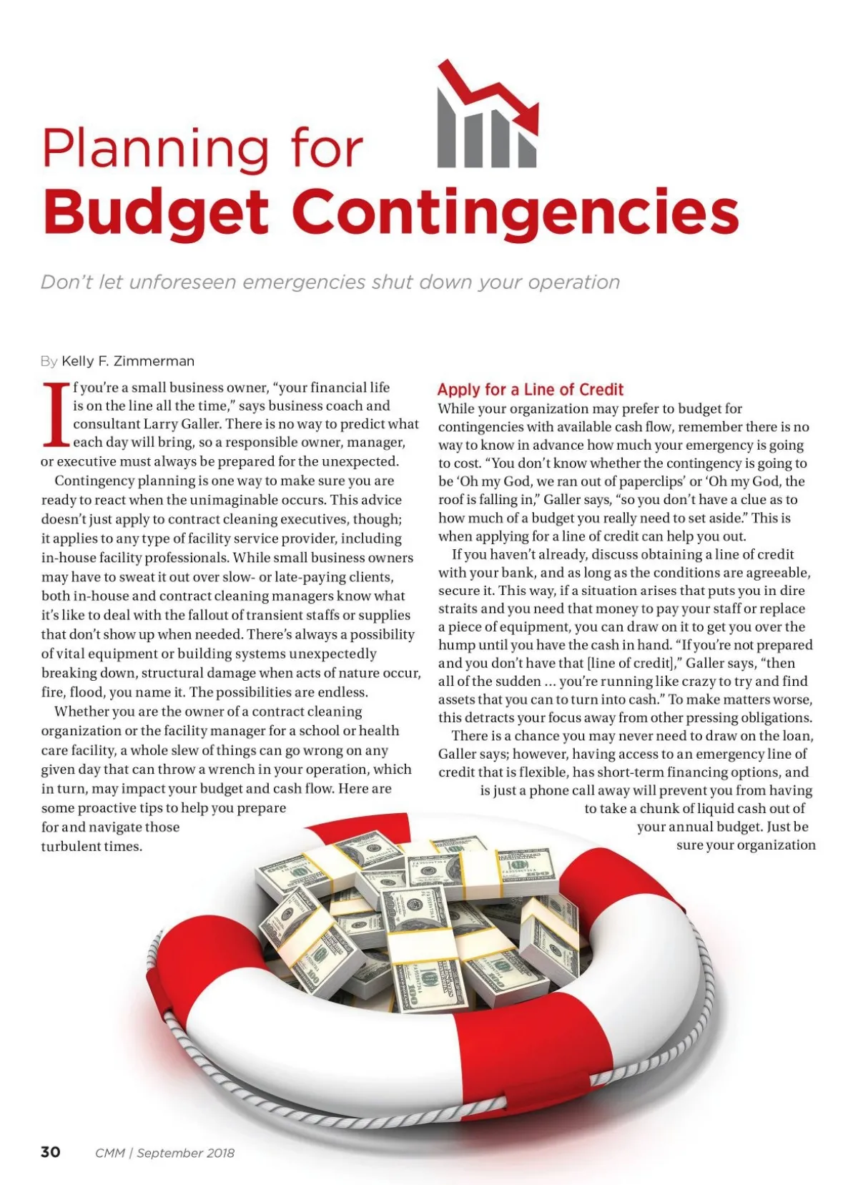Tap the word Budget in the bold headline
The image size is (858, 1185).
point(155,212)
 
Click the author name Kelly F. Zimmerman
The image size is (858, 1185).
point(128,361)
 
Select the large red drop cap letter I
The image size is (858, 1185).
point(56,415)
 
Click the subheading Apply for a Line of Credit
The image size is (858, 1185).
point(530,390)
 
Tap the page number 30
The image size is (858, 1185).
point(51,1152)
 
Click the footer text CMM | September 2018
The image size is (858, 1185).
point(164,1153)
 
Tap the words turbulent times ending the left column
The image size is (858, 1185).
point(92,846)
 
